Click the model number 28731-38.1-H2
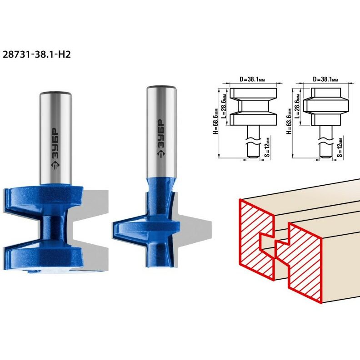[36, 54]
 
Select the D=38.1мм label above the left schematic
[252, 79]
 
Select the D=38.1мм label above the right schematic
[325, 79]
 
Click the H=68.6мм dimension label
[215, 121]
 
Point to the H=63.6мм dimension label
[289, 121]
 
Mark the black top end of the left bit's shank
[55, 94]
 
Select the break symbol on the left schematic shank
[253, 141]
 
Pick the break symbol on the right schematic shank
[326, 141]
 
